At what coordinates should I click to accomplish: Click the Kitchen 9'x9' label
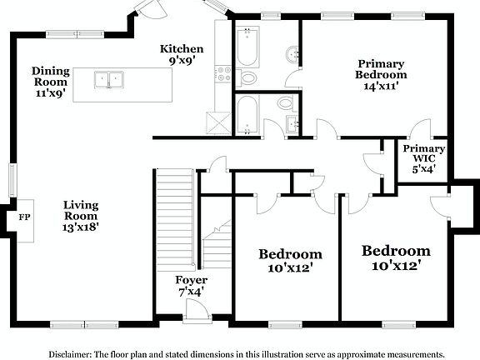click(x=182, y=55)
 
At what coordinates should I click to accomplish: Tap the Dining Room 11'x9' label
click(x=51, y=82)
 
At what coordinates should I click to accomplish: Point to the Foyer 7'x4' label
click(x=191, y=286)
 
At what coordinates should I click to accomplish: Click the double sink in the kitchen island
click(x=110, y=80)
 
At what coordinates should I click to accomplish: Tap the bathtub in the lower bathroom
click(x=247, y=114)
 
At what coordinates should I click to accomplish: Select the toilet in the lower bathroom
click(x=284, y=104)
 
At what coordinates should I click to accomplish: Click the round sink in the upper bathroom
click(x=291, y=55)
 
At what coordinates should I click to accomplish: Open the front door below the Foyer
click(x=193, y=312)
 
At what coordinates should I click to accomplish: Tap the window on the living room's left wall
click(x=12, y=178)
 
